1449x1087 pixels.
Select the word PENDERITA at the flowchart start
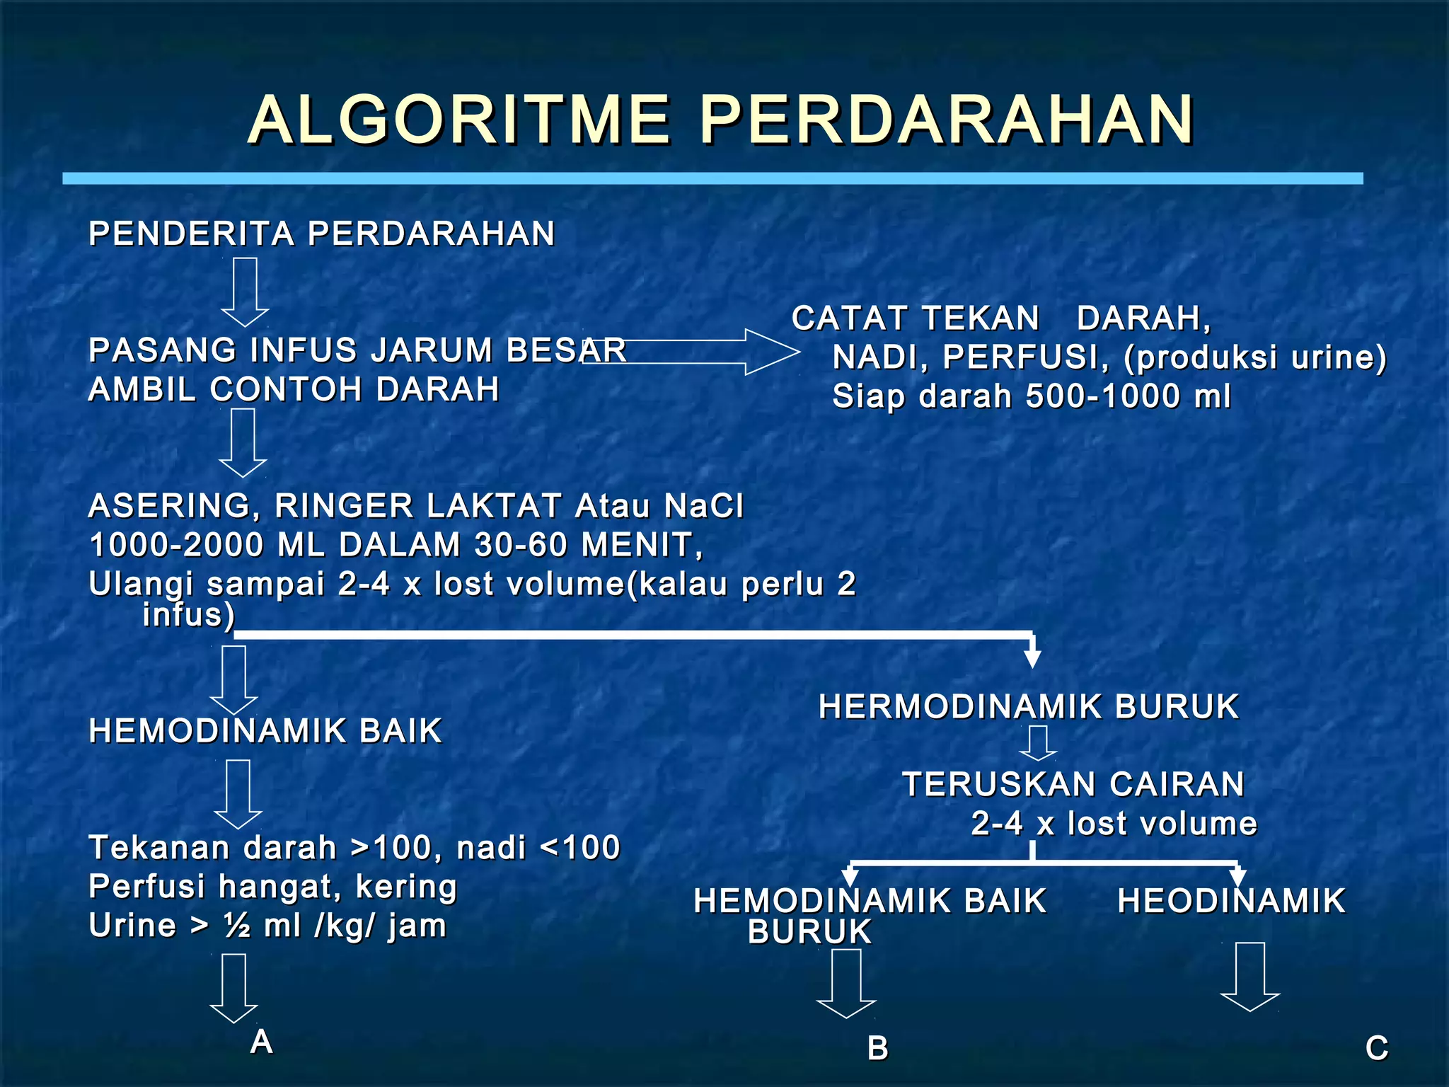pos(191,234)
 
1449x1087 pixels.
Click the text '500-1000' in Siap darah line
pos(1104,396)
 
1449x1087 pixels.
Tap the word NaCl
pos(704,506)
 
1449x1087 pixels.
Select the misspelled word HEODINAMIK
pos(1231,902)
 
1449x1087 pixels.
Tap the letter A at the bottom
pos(262,1042)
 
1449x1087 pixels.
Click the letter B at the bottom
pos(877,1048)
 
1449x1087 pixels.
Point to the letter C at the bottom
pos(1377,1048)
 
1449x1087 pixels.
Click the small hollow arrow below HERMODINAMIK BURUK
pos(1038,744)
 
